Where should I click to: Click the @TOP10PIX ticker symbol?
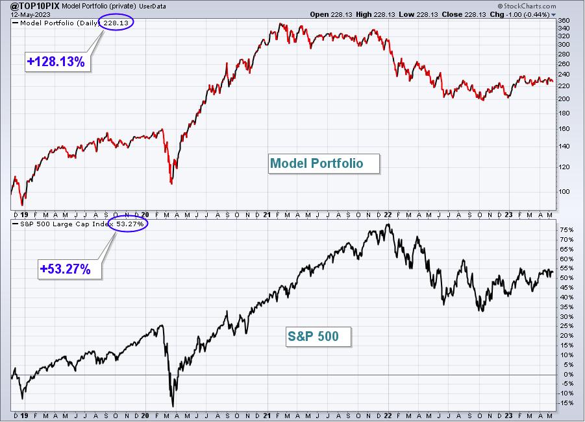pyautogui.click(x=32, y=6)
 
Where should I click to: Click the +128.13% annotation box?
pyautogui.click(x=58, y=62)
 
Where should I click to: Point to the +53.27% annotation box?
pyautogui.click(x=69, y=269)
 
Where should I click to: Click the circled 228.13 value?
pyautogui.click(x=116, y=23)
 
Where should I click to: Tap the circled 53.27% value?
pyautogui.click(x=128, y=224)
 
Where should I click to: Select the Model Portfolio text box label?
pyautogui.click(x=324, y=163)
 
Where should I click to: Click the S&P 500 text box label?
pyautogui.click(x=318, y=336)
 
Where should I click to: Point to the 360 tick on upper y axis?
pyautogui.click(x=564, y=21)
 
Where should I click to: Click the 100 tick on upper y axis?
pyautogui.click(x=564, y=191)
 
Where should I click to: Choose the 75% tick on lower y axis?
pyautogui.click(x=566, y=230)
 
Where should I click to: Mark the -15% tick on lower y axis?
pyautogui.click(x=566, y=403)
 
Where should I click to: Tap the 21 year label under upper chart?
pyautogui.click(x=266, y=215)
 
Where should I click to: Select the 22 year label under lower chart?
pyautogui.click(x=388, y=416)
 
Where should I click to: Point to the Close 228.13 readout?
pyautogui.click(x=464, y=14)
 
